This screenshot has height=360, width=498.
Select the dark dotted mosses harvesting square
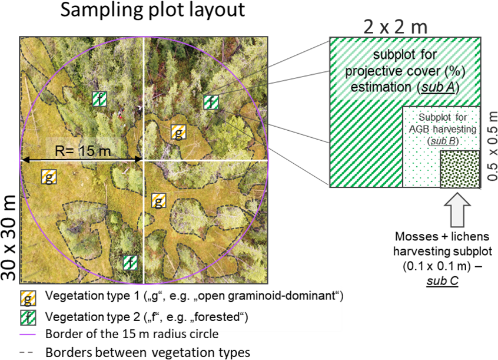coord(460,169)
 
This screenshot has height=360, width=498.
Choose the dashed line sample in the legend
coord(28,353)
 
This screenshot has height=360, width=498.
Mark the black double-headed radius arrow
coord(82,160)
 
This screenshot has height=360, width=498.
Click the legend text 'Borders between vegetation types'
coord(148,353)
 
